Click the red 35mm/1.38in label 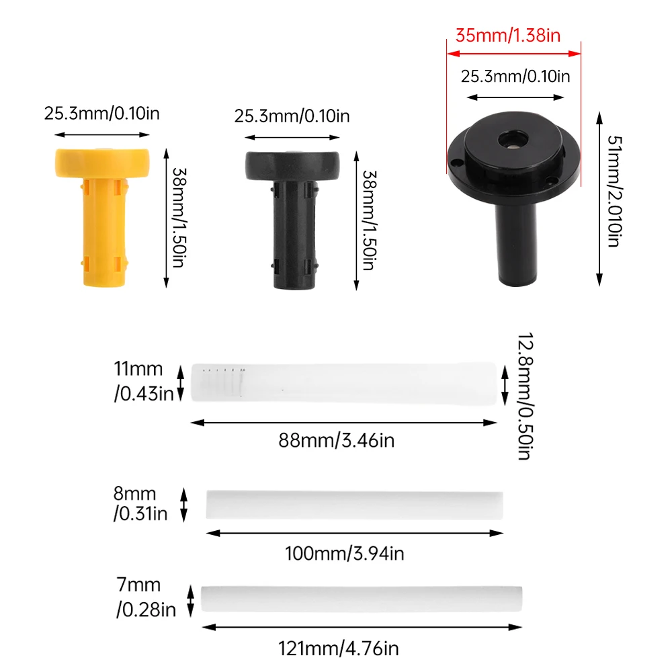tap(508, 35)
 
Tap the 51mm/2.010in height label tap(614, 191)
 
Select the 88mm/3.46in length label tap(337, 440)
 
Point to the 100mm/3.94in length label tap(345, 553)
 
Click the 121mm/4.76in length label tap(339, 648)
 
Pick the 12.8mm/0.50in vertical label tap(525, 396)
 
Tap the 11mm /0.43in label tap(144, 381)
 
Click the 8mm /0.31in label tap(140, 503)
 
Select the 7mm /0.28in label tap(146, 597)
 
